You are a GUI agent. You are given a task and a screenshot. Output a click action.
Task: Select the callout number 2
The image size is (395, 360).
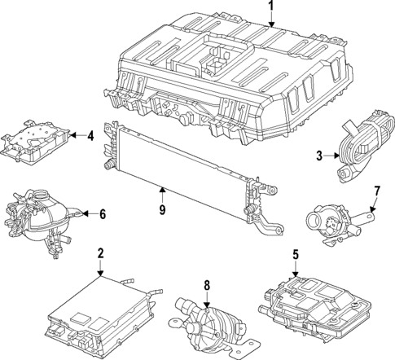coord(100,253)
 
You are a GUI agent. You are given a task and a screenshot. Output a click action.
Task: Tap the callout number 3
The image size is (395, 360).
coord(320,155)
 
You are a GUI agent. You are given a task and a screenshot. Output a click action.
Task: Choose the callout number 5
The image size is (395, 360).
coord(296,253)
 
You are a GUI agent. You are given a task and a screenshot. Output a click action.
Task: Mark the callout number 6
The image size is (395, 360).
coord(103,214)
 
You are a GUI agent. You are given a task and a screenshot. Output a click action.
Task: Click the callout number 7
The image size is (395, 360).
coord(376,191)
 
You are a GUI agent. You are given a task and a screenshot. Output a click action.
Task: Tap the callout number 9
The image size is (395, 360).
coord(162,209)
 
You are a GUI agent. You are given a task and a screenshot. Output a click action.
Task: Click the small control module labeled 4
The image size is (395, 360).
coord(37,138)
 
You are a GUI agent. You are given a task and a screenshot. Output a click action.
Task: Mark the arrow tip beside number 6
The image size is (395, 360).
coord(80,214)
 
